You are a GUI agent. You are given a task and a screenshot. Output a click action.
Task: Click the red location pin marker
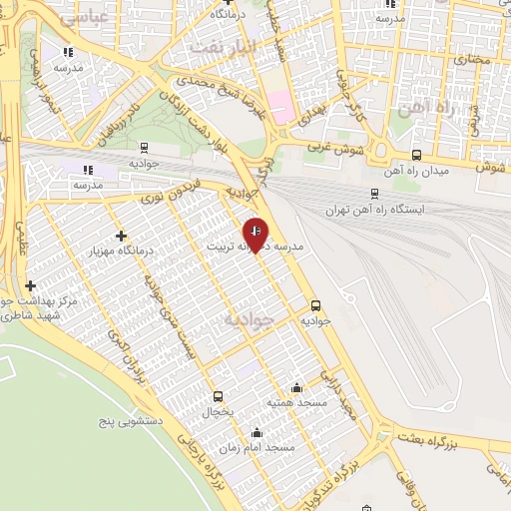[x=256, y=234]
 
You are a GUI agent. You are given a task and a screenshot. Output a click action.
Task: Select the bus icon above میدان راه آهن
[x=416, y=155]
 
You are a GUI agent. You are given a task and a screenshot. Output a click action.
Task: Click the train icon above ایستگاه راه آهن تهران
[x=374, y=195]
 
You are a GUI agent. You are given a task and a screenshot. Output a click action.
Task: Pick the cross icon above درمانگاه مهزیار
[x=121, y=237]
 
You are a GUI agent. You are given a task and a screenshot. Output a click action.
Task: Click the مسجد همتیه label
[x=295, y=402]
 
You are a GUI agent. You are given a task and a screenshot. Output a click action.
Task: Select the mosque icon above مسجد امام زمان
[x=257, y=433]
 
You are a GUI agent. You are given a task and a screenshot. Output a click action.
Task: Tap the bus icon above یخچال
[x=218, y=396]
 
